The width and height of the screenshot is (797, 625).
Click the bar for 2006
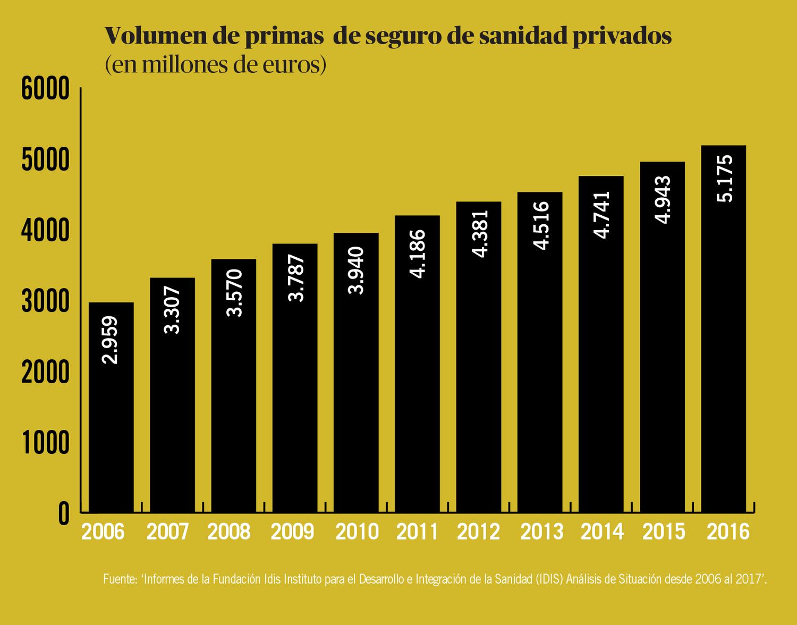coord(111,407)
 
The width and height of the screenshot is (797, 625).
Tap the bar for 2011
coord(417,364)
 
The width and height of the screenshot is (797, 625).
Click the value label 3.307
coord(172,310)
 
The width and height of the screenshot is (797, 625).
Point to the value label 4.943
coord(663,200)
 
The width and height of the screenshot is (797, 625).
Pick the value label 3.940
coord(356,271)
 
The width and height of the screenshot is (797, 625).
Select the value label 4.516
coord(540,225)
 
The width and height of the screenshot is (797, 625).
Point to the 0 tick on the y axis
coord(64,513)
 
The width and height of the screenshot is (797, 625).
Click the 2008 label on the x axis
coord(228,531)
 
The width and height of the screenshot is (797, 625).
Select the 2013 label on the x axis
coord(541,531)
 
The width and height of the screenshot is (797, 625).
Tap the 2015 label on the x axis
coord(664,531)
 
